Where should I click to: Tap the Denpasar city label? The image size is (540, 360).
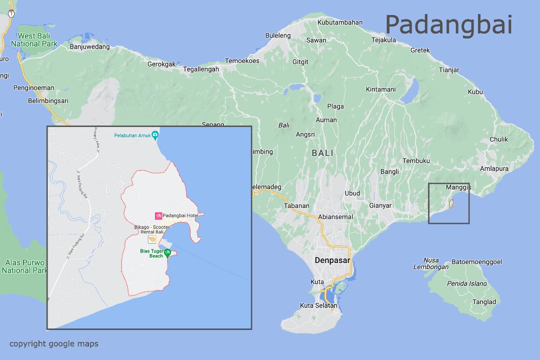pos(332,260)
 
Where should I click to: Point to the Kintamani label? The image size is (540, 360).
pos(380,89)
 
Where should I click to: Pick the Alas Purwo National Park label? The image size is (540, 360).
pos(24,266)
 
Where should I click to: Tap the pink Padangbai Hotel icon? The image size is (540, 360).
pos(158,215)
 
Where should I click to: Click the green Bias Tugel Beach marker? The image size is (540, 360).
pos(167,252)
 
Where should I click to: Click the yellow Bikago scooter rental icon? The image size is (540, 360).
pos(151,239)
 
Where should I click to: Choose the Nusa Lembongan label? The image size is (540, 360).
pos(430,263)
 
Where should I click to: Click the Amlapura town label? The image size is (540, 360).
pos(494,168)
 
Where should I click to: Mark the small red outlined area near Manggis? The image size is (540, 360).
pos(451,203)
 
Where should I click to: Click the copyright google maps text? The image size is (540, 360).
pos(54,343)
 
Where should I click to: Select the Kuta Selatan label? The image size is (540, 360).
pos(318,305)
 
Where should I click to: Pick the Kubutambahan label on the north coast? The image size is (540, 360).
pos(340,22)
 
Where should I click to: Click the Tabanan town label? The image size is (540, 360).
pos(296,205)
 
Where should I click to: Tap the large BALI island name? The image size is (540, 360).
pos(322,153)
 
